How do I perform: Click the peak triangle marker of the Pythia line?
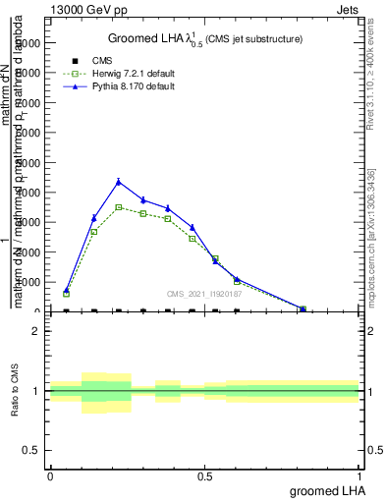(119, 181)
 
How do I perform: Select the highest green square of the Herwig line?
(119, 207)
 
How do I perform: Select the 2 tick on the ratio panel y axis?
(36, 331)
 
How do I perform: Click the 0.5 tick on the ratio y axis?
(31, 450)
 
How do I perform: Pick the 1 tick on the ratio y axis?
(36, 391)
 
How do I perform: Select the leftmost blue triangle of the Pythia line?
(66, 290)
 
